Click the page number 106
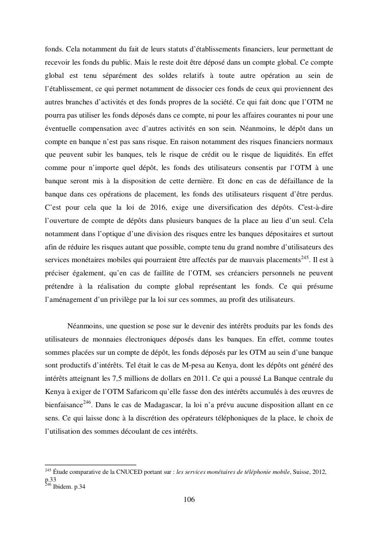pyautogui.click(x=189, y=500)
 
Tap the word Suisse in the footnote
pyautogui.click(x=301, y=472)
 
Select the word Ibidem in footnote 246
pyautogui.click(x=62, y=487)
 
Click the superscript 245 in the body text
pyautogui.click(x=305, y=257)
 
